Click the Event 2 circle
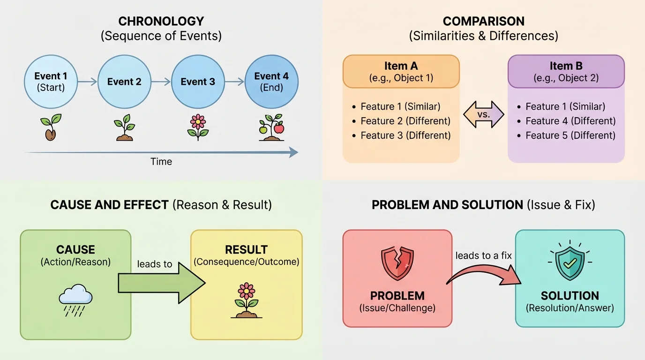coord(124,82)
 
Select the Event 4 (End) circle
coord(271,82)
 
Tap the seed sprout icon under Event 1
coord(51,127)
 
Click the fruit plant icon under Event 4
coord(271,127)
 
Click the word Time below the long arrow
coord(161,162)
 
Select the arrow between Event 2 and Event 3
coord(161,82)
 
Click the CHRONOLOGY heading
coord(161,21)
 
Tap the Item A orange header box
coord(401,71)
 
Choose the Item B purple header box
coord(566,71)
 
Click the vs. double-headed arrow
coord(483,114)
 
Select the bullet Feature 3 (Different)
coord(405,135)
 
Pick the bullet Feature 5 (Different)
coord(570,135)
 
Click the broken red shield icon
coord(397,262)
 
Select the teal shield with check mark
coord(570,262)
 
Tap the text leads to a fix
coord(483,256)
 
